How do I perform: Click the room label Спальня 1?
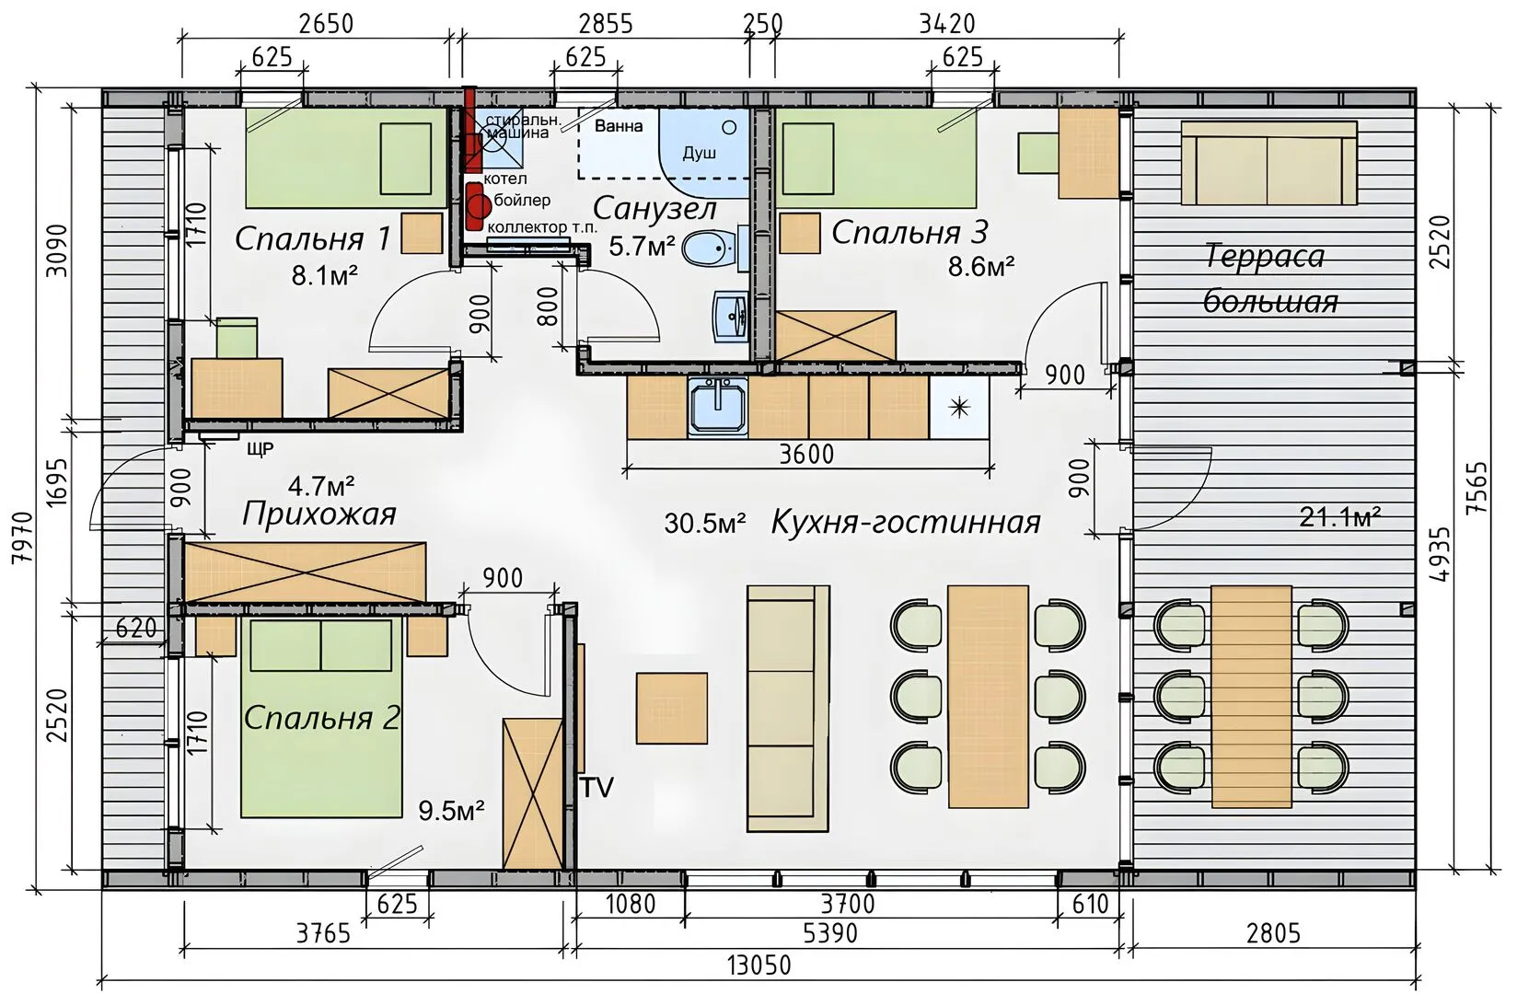312,239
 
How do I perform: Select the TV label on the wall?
596,787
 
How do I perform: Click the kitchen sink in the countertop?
718,405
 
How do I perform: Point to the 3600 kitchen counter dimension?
806,454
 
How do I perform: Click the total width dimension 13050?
758,965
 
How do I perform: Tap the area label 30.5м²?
705,524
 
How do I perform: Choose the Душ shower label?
699,153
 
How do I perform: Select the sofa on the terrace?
1269,163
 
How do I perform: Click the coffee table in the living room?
672,709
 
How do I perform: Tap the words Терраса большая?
1269,279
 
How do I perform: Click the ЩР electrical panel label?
261,449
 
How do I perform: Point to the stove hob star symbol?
959,408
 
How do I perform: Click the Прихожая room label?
319,514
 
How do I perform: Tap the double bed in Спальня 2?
317,718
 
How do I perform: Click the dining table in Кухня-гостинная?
988,697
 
